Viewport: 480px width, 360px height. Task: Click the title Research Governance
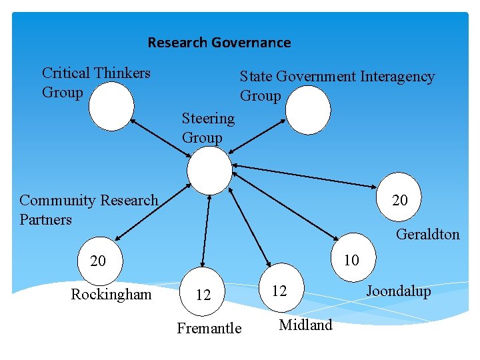tap(219, 43)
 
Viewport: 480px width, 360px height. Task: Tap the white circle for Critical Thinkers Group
tap(111, 107)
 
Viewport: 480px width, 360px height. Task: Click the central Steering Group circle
tap(209, 170)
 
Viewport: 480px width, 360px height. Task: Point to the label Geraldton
tap(427, 234)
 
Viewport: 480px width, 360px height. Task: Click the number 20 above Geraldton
tap(400, 200)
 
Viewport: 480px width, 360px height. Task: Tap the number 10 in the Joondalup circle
tap(351, 260)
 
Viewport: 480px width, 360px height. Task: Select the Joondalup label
tap(398, 291)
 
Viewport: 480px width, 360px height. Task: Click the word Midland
tap(305, 325)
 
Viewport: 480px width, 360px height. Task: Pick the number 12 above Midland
tap(279, 291)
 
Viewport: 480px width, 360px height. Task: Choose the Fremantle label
tap(209, 328)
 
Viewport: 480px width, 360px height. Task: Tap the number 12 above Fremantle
tap(203, 295)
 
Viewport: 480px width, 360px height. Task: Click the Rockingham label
tap(111, 294)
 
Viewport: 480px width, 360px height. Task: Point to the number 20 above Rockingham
tap(98, 261)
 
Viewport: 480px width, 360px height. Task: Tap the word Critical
tap(67, 73)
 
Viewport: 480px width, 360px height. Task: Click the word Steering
tap(208, 119)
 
